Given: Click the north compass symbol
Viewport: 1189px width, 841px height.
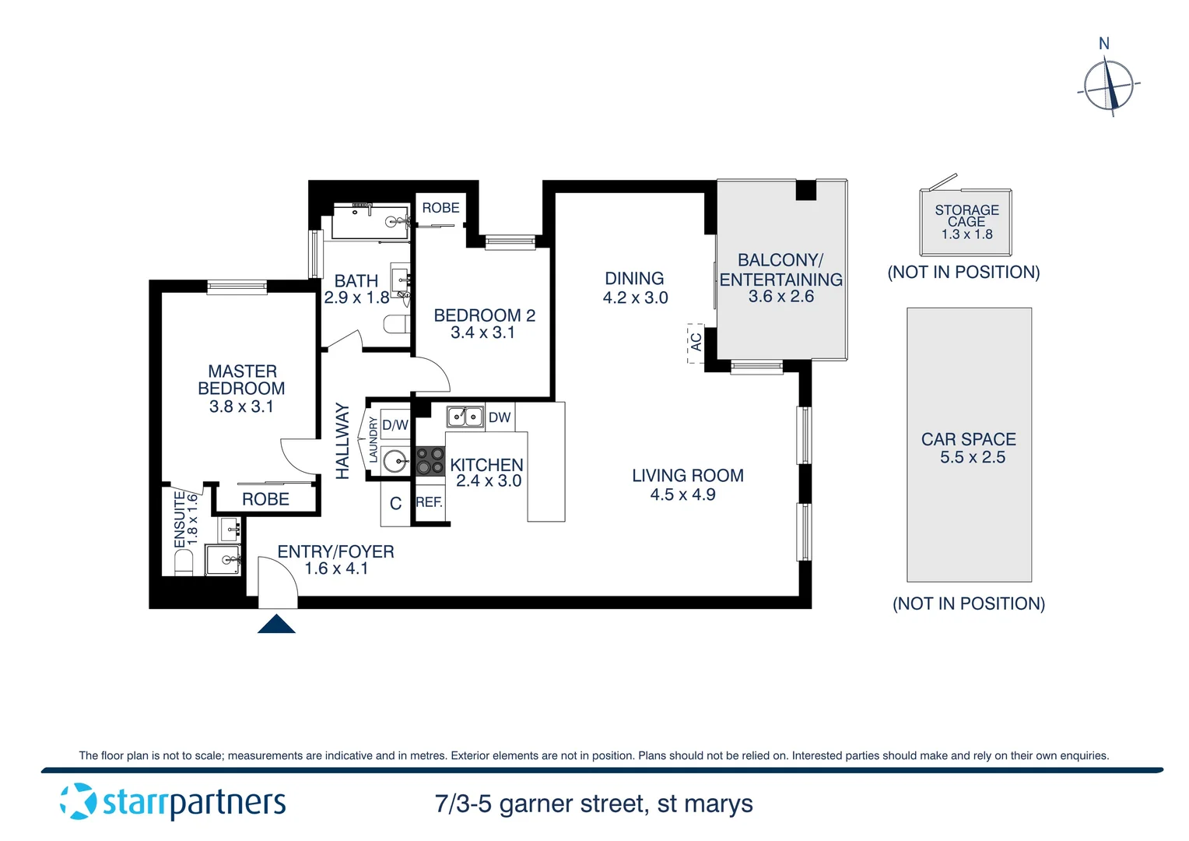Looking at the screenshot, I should [x=1108, y=85].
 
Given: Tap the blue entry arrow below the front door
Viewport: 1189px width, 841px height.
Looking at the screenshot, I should [x=276, y=624].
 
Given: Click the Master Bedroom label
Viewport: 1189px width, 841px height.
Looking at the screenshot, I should [x=242, y=380].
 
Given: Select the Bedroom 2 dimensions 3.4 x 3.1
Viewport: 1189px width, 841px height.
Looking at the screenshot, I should [x=482, y=333].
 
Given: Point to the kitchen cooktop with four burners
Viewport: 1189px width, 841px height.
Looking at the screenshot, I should [x=430, y=460].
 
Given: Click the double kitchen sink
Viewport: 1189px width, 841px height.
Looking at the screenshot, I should [x=465, y=417].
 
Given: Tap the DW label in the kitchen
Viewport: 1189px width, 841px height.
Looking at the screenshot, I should [x=500, y=417].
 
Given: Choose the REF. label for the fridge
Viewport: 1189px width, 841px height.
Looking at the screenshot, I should [x=429, y=502].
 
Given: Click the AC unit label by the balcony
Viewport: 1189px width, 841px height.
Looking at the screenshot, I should [x=696, y=342].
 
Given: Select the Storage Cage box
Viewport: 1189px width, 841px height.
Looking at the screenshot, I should [x=966, y=222].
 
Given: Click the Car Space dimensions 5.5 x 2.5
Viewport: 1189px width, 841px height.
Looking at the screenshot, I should [x=972, y=458].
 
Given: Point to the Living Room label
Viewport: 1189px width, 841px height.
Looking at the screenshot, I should [x=687, y=476].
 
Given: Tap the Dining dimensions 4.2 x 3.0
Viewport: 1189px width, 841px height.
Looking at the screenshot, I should [x=635, y=297].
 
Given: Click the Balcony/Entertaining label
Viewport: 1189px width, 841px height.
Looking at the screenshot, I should [x=780, y=269].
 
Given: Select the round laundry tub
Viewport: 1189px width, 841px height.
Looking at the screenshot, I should [x=396, y=460].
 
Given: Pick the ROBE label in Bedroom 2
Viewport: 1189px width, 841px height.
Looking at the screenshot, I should [x=440, y=208].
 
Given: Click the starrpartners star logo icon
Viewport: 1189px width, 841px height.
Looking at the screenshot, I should [x=79, y=801].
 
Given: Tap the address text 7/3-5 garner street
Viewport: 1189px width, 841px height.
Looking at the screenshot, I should [x=593, y=804].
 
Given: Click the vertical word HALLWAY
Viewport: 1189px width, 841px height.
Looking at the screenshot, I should [x=342, y=441].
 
